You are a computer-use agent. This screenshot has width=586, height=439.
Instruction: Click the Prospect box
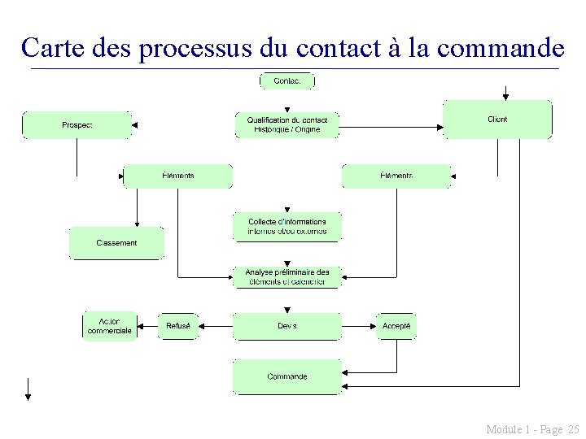tap(76, 125)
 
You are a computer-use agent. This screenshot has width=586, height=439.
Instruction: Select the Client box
tap(497, 120)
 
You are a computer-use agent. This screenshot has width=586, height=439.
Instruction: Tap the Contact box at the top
tap(286, 80)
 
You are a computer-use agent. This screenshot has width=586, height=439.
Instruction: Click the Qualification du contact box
tap(286, 125)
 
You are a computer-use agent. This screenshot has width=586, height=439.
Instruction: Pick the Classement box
tap(116, 243)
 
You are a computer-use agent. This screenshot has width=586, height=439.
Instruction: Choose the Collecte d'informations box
tap(286, 227)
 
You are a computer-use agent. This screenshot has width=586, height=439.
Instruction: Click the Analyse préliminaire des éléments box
tap(286, 276)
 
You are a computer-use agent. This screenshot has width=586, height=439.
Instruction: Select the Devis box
tap(286, 326)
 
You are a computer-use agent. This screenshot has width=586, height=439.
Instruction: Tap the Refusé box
tap(177, 326)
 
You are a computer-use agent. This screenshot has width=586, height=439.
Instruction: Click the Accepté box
tap(396, 326)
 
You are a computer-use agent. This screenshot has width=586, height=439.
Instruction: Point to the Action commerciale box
tap(109, 326)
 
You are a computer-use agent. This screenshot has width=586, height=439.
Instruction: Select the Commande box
tap(286, 376)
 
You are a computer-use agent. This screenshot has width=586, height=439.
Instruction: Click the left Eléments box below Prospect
tap(177, 176)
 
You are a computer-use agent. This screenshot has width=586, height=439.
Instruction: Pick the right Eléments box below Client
tap(396, 176)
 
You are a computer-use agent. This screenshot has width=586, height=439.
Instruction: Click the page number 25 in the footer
tap(573, 428)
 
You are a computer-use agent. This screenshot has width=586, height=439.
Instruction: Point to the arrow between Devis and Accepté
tap(358, 326)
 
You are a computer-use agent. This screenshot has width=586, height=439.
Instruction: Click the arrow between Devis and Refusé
tap(216, 326)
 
